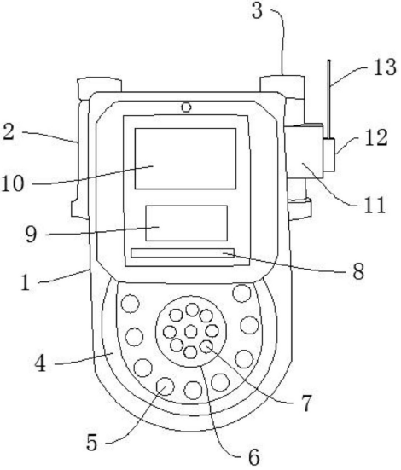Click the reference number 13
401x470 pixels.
click(x=385, y=67)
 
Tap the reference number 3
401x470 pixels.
click(x=257, y=11)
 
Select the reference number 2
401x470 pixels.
click(x=8, y=132)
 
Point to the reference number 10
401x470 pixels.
click(x=13, y=183)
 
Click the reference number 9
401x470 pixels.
click(x=31, y=234)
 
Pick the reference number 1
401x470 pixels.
click(x=26, y=282)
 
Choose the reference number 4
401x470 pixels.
click(x=40, y=364)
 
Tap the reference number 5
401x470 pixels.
click(x=92, y=443)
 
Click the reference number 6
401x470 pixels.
click(x=253, y=457)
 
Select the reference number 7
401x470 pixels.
click(x=306, y=403)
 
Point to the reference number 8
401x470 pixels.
click(x=358, y=271)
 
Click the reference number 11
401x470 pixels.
click(x=375, y=206)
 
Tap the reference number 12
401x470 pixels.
click(x=376, y=138)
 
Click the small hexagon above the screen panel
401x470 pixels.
click(x=186, y=107)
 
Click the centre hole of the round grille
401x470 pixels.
click(x=191, y=331)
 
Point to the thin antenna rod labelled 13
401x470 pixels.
click(x=329, y=99)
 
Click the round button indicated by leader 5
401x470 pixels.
click(x=166, y=386)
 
